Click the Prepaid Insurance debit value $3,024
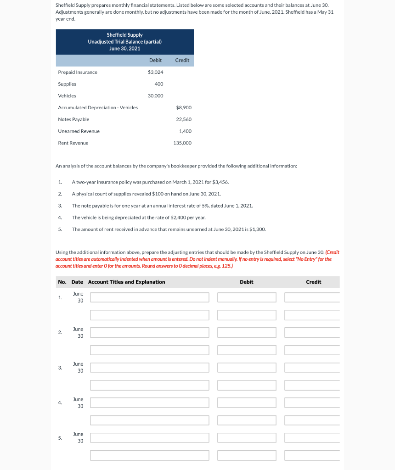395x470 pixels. click(x=155, y=72)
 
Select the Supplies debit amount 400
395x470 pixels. click(x=159, y=84)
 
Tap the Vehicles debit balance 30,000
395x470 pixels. click(x=155, y=96)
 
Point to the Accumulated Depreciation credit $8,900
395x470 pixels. click(x=184, y=107)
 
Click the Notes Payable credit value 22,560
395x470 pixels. click(x=184, y=119)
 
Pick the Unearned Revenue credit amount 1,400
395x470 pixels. click(x=185, y=131)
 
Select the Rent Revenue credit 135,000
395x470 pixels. click(x=182, y=143)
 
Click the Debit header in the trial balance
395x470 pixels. click(x=155, y=60)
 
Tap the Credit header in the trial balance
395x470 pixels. click(x=182, y=60)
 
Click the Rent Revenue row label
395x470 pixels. click(x=73, y=143)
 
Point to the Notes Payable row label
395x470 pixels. click(x=73, y=119)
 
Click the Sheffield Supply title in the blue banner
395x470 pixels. click(x=124, y=35)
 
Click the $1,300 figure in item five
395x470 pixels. click(x=257, y=229)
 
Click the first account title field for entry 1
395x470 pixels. click(x=149, y=297)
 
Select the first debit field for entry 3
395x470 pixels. click(x=247, y=368)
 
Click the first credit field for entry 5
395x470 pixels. click(x=312, y=438)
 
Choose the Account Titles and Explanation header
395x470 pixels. click(x=126, y=282)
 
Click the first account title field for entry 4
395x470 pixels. click(x=149, y=403)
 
